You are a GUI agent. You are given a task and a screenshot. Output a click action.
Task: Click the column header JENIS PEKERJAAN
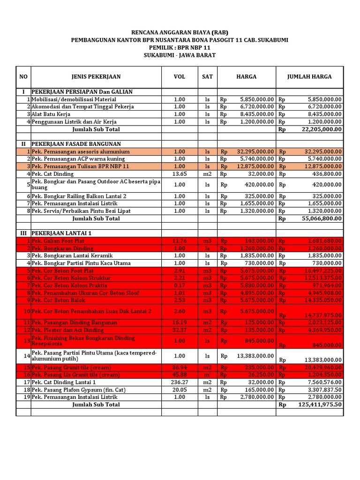point(96,76)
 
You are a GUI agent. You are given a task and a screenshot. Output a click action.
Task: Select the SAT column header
point(207,76)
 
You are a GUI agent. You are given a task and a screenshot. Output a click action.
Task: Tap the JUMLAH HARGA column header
point(309,76)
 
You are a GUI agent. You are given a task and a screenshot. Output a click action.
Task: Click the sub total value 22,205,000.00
point(321,129)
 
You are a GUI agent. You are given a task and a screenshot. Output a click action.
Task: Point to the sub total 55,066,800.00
point(321,218)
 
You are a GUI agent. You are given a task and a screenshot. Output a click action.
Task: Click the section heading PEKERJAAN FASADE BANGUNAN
point(76,144)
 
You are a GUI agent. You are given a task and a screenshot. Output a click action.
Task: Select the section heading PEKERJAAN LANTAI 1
point(61,233)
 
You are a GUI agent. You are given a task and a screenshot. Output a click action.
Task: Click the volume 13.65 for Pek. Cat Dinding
point(180,174)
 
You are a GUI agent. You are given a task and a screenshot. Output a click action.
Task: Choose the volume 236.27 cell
point(180,382)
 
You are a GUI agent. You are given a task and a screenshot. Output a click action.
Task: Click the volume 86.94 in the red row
point(180,367)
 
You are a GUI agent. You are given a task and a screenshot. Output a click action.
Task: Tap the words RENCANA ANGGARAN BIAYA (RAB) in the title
point(180,32)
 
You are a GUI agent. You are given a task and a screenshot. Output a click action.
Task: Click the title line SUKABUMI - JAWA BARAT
point(180,55)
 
